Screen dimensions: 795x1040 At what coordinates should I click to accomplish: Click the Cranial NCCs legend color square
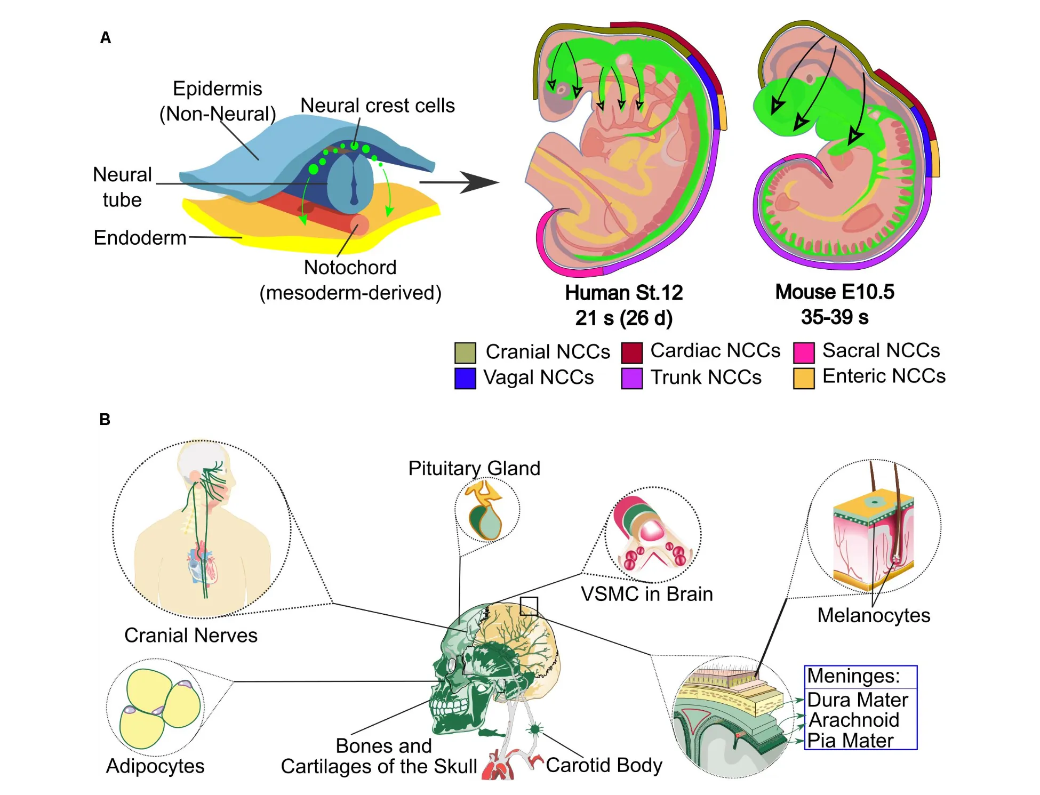pyautogui.click(x=465, y=353)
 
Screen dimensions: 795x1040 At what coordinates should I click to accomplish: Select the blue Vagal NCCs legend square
pyautogui.click(x=465, y=379)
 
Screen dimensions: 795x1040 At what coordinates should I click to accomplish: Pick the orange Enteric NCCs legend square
pyautogui.click(x=804, y=379)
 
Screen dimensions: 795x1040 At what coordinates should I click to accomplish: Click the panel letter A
pyautogui.click(x=106, y=38)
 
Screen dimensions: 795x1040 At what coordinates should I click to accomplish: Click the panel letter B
pyautogui.click(x=105, y=420)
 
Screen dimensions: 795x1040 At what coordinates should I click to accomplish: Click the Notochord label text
pyautogui.click(x=350, y=268)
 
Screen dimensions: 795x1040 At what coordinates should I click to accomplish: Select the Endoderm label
pyautogui.click(x=140, y=238)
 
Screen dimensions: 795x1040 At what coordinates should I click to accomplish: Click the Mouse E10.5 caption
pyautogui.click(x=834, y=292)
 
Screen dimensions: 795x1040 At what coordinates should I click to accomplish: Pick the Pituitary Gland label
pyautogui.click(x=474, y=468)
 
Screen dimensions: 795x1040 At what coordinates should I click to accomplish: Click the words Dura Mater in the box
pyautogui.click(x=857, y=700)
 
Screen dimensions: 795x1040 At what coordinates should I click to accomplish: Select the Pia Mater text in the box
pyautogui.click(x=850, y=741)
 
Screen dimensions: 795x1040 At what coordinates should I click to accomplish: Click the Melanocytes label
pyautogui.click(x=874, y=615)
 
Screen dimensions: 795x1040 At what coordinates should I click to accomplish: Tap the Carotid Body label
pyautogui.click(x=604, y=765)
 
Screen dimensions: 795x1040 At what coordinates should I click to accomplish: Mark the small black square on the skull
pyautogui.click(x=529, y=606)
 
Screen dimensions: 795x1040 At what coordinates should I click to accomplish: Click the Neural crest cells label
pyautogui.click(x=378, y=106)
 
